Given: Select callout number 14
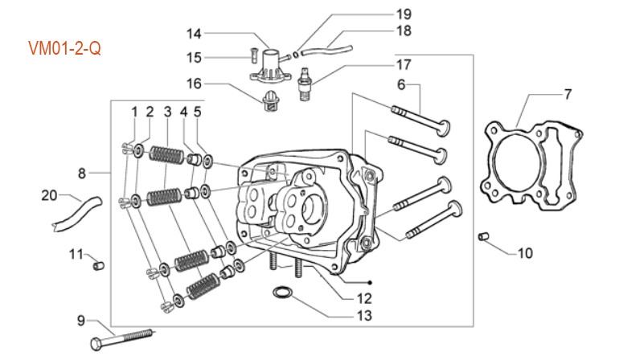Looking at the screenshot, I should (x=195, y=34).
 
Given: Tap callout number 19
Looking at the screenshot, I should (x=403, y=14).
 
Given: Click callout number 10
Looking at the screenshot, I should (x=524, y=253).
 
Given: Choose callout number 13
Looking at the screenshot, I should (x=365, y=316).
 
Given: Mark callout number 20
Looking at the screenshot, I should (x=49, y=195).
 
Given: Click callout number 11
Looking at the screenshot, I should (x=75, y=255).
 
